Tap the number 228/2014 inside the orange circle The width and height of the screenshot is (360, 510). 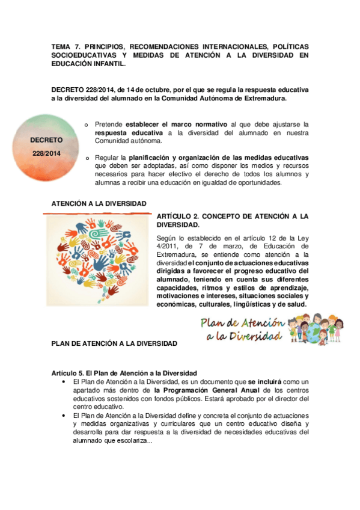point(46,153)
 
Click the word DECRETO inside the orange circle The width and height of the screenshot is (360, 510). point(46,140)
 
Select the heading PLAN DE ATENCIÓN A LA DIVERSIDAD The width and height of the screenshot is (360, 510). point(114,343)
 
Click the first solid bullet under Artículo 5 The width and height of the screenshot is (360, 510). point(64,382)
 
